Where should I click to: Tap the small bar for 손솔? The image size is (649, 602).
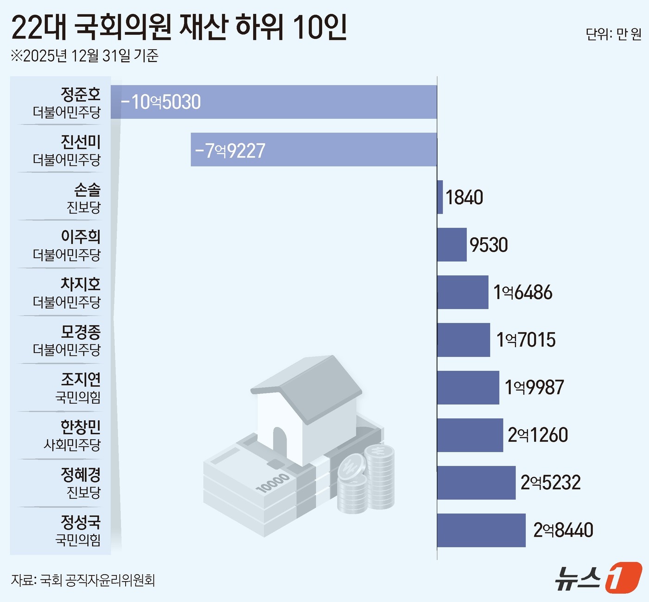pos(440,197)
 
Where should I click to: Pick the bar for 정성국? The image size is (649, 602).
pos(481,530)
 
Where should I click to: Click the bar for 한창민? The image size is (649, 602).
pos(470,435)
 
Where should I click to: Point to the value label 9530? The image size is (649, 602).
pos(489,245)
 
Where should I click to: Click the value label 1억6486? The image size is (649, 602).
pos(523,292)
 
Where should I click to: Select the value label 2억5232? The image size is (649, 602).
pos(550,482)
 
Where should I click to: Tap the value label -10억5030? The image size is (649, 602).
pos(161,102)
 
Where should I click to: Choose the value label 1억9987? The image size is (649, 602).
pos(534,387)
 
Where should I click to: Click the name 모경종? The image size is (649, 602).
pos(81,332)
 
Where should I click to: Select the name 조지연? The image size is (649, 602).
pos(81,380)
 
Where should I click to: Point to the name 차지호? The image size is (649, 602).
pos(81,284)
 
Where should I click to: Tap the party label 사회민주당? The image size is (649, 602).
pos(72,445)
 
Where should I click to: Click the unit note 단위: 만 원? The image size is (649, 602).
pos(613,34)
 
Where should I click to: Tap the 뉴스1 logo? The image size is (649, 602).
pos(598,577)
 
